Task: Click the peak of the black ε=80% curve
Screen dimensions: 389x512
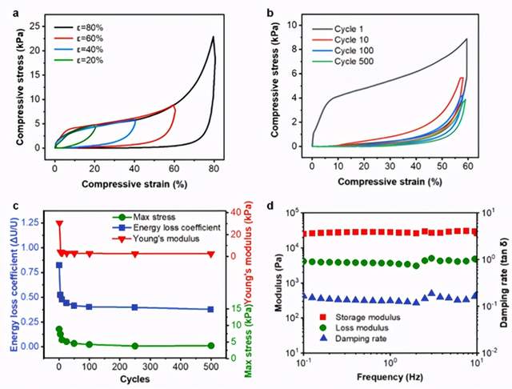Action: click(x=214, y=37)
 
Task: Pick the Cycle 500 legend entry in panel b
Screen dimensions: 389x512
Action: click(x=358, y=62)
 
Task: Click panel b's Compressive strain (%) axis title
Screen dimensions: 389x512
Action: click(x=389, y=182)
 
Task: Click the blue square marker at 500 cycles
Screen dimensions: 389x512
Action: click(x=210, y=309)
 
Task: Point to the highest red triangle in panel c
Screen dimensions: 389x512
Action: click(x=58, y=224)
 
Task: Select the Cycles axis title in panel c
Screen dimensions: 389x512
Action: click(x=134, y=376)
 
